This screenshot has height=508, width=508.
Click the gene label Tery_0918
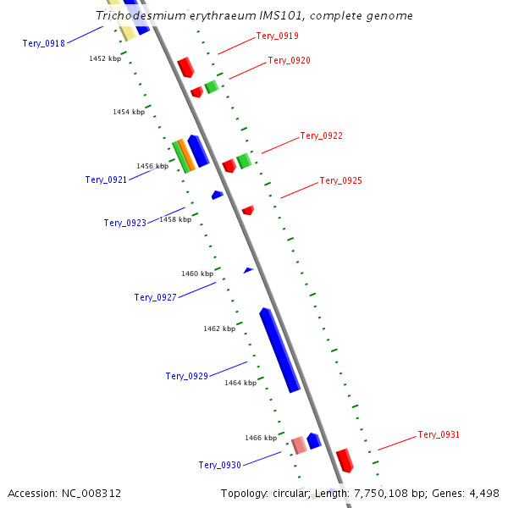pyautogui.click(x=43, y=43)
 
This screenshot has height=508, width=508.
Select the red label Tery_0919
pyautogui.click(x=277, y=36)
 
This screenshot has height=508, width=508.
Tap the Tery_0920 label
pyautogui.click(x=289, y=61)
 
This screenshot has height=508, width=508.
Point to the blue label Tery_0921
pyautogui.click(x=106, y=179)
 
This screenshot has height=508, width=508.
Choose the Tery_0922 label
pyautogui.click(x=321, y=136)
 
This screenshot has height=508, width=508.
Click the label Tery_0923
pyautogui.click(x=124, y=223)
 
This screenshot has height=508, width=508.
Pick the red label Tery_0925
pyautogui.click(x=340, y=181)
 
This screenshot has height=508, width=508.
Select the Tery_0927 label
pyautogui.click(x=155, y=297)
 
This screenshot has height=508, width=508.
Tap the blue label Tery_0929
pyautogui.click(x=186, y=376)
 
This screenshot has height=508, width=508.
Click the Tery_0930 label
pyautogui.click(x=219, y=465)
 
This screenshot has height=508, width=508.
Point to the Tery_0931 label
pyautogui.click(x=439, y=435)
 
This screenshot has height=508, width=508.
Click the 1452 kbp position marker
pyautogui.click(x=105, y=58)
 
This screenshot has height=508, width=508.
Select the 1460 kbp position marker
pyautogui.click(x=197, y=273)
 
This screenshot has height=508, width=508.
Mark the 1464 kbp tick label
pyautogui.click(x=240, y=383)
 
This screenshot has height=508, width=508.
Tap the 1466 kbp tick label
pyautogui.click(x=261, y=438)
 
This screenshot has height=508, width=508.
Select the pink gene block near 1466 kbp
pyautogui.click(x=299, y=444)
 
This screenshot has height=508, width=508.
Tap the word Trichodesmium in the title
pyautogui.click(x=136, y=16)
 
